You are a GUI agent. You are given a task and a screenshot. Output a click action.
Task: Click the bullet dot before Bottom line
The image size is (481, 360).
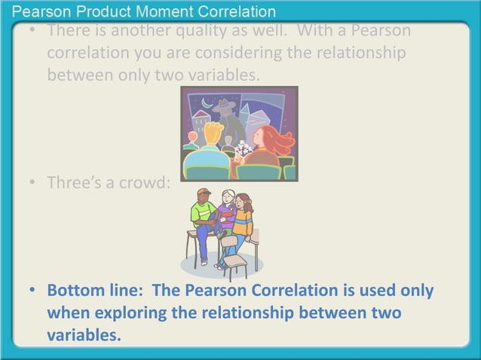point(32,291)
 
